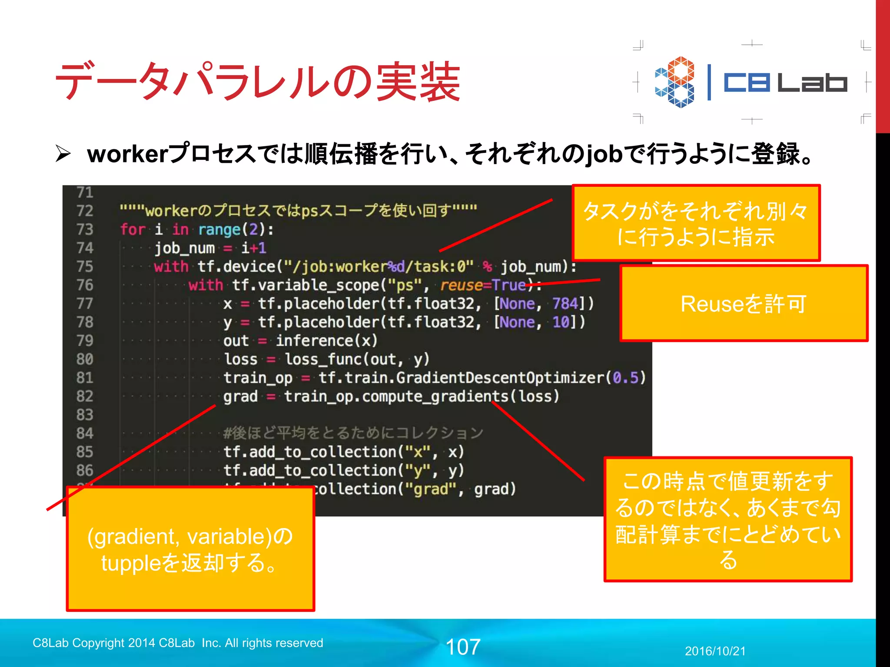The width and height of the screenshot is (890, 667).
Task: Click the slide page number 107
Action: point(463,647)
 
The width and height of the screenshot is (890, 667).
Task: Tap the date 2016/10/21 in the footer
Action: point(715,651)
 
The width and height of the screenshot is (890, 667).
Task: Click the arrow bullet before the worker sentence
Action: point(63,154)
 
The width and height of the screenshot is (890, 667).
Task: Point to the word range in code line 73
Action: point(219,229)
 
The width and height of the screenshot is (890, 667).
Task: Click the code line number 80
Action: point(85,359)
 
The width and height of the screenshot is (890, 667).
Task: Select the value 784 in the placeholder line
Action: point(565,304)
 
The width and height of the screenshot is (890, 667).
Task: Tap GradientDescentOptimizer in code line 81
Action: point(500,378)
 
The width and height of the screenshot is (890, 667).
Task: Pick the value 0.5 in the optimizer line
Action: point(625,378)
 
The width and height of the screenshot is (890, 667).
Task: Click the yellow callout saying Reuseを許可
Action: point(744,304)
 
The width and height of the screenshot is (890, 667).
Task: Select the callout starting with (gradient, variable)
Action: point(190,549)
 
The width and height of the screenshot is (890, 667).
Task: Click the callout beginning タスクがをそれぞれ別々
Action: point(696,223)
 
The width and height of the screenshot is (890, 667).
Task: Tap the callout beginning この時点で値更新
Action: point(728,519)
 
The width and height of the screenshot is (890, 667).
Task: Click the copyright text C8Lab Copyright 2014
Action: point(178,643)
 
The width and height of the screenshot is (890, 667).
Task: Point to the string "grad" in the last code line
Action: point(430,489)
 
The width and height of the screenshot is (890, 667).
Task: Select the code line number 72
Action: point(85,211)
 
